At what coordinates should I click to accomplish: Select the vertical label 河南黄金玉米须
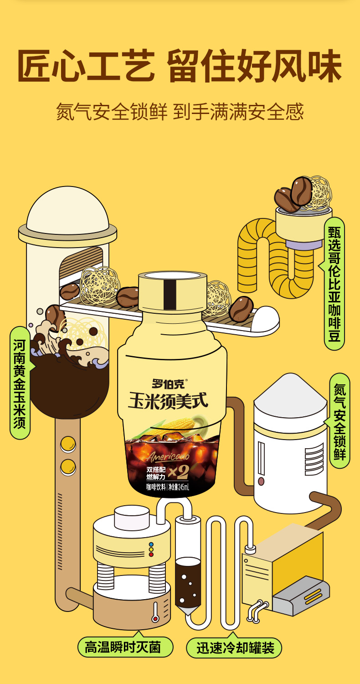20,383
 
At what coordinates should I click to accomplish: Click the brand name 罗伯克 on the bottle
169,384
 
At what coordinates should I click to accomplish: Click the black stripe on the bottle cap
170,295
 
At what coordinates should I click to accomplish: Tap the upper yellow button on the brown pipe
68,444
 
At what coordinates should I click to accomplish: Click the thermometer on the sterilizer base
155,611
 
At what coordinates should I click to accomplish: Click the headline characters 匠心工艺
86,66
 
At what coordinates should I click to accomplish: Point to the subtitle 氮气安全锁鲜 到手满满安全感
180,111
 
